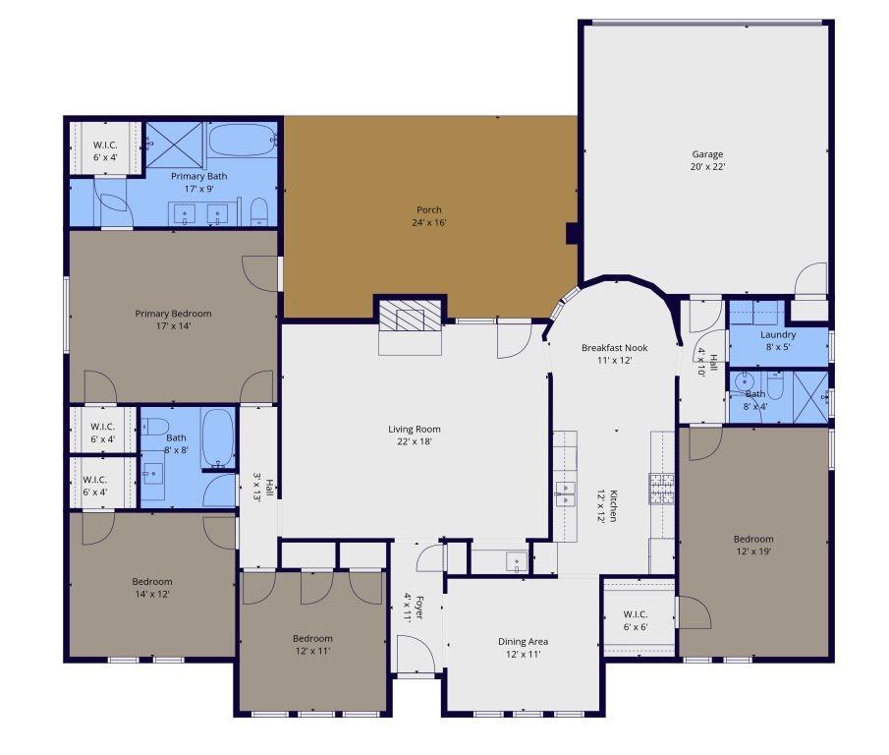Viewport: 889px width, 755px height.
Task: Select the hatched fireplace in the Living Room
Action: [x=411, y=319]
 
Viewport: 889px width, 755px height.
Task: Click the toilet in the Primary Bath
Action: [x=259, y=211]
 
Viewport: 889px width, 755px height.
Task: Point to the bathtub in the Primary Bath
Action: [x=243, y=142]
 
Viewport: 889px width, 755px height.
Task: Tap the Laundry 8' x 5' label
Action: [x=778, y=340]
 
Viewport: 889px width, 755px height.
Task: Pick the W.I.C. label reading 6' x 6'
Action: [x=636, y=620]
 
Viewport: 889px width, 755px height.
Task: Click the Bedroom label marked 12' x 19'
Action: [x=753, y=545]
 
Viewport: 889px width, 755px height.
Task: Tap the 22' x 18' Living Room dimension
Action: [x=414, y=441]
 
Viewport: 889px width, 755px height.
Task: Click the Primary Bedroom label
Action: [x=173, y=319]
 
